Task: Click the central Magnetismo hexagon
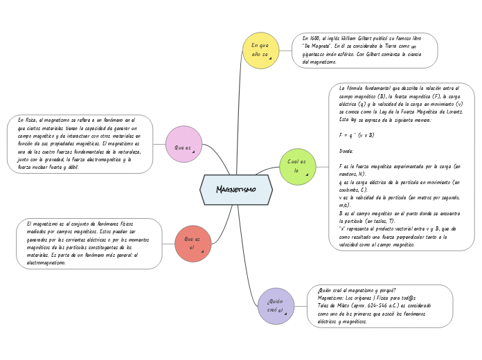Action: click(x=236, y=190)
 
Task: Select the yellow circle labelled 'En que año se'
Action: click(x=260, y=50)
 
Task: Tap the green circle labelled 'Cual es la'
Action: click(x=296, y=166)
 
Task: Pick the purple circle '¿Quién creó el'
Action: click(x=275, y=306)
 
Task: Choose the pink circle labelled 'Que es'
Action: click(x=184, y=144)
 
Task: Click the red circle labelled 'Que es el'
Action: click(x=193, y=243)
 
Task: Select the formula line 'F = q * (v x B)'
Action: click(x=357, y=135)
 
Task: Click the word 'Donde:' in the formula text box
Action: click(x=347, y=151)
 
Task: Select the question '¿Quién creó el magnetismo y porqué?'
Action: click(x=357, y=289)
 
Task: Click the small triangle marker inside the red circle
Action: click(x=202, y=251)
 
